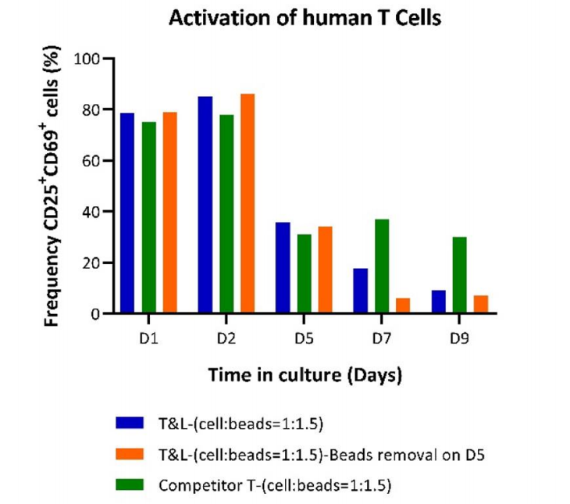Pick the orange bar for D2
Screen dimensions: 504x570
point(248,203)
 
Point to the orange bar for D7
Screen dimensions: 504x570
point(403,306)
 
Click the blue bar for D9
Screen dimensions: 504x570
point(439,302)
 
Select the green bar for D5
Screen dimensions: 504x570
point(304,273)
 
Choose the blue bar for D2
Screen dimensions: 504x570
point(205,205)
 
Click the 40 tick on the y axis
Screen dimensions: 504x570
point(91,212)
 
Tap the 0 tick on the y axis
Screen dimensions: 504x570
point(95,313)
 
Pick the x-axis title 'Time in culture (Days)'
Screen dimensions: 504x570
point(305,375)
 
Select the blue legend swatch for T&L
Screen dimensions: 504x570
point(130,422)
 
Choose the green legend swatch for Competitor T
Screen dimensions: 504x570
point(130,484)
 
